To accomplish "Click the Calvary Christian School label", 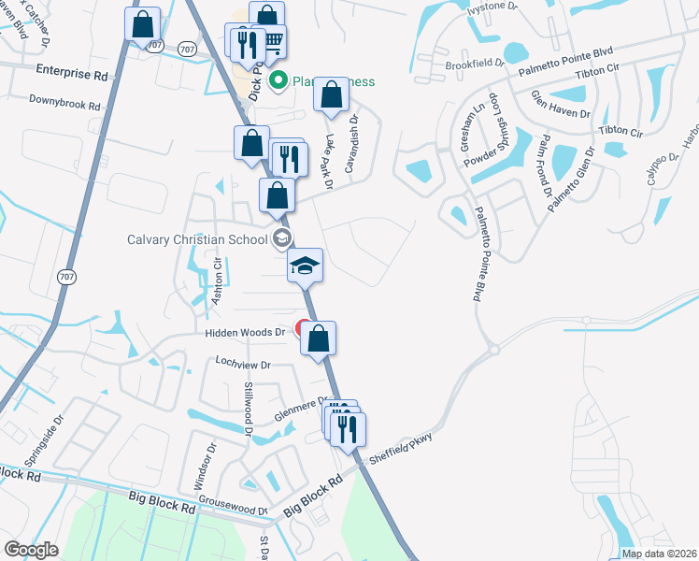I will click(x=197, y=239).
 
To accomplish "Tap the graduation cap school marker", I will click(x=305, y=265).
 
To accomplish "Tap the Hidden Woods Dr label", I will click(x=244, y=332).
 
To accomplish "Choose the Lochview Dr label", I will click(x=242, y=365).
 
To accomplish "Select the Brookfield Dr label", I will click(x=475, y=64).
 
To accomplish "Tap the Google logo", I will click(x=31, y=550).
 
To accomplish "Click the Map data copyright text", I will click(x=659, y=554).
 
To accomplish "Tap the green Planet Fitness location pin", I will click(x=278, y=81).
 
